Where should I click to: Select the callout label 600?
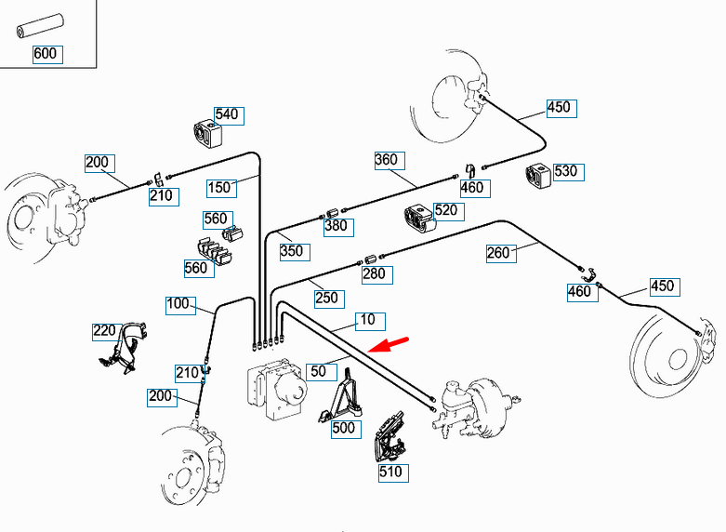coord(46,54)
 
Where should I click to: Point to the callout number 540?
coord(227,114)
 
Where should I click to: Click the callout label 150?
coord(219,188)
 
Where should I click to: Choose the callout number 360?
coord(387,160)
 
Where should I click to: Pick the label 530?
coord(565,171)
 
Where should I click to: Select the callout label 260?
coord(499,252)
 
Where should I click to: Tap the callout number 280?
coord(375,274)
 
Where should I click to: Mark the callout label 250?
coord(327,299)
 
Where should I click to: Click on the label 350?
coord(292,251)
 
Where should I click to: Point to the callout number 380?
coord(336,225)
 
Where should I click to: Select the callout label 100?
coord(178,304)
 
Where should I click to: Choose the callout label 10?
coord(368,320)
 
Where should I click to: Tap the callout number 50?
coord(320,371)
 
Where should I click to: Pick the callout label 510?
coord(390,472)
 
